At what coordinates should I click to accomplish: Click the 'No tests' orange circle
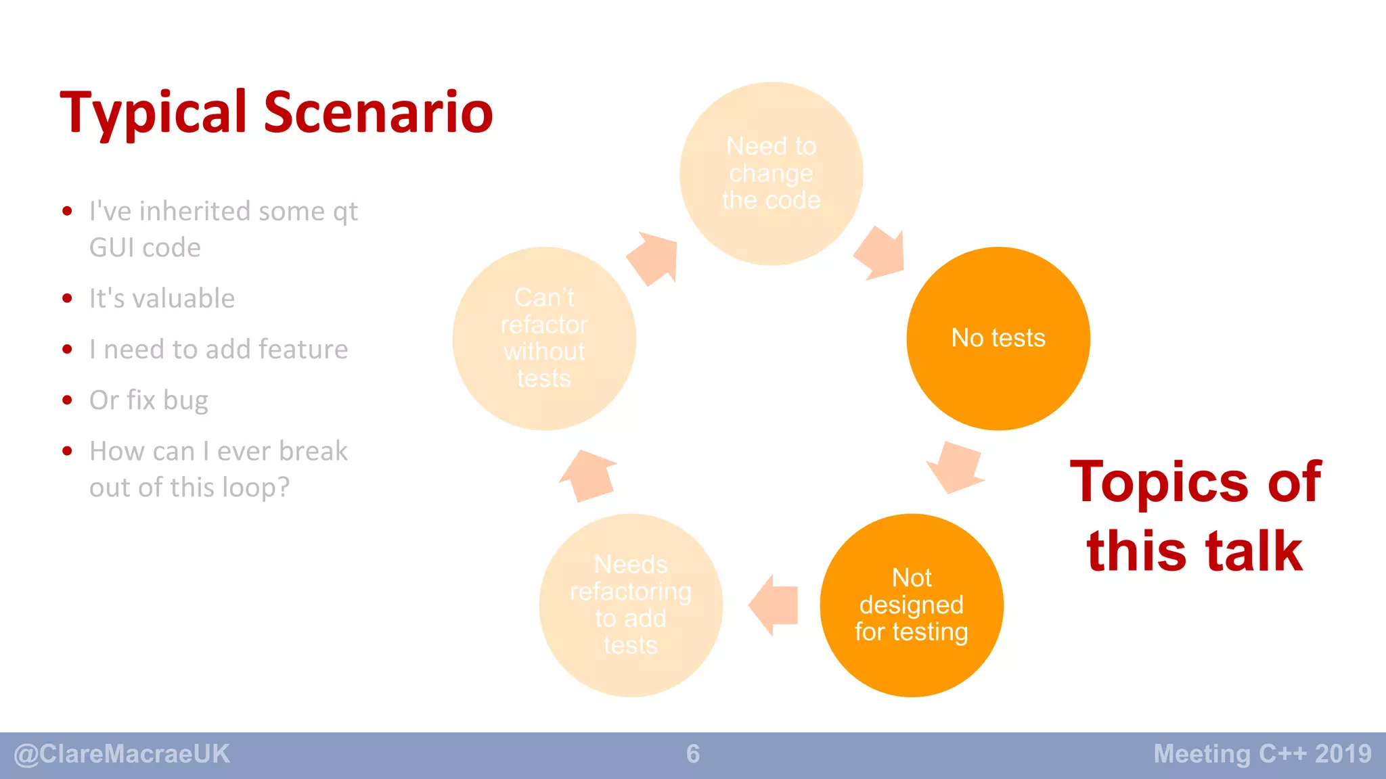[998, 338]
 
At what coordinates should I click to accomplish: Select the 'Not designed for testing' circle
[912, 605]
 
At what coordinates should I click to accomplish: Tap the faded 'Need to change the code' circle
[771, 174]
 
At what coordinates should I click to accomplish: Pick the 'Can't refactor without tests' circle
[544, 338]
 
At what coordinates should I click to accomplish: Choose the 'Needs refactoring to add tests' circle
[631, 605]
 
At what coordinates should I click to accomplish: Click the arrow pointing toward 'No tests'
[880, 254]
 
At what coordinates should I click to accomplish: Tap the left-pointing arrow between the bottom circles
[774, 605]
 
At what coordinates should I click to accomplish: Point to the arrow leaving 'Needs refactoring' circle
[588, 475]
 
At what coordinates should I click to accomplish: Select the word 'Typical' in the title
[154, 114]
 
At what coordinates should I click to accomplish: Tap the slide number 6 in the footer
[693, 754]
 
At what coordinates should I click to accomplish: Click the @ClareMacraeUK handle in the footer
[122, 754]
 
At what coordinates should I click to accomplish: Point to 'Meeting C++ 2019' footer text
[1262, 754]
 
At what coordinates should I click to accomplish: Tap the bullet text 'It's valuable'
[162, 298]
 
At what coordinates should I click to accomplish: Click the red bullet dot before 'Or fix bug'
[67, 400]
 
